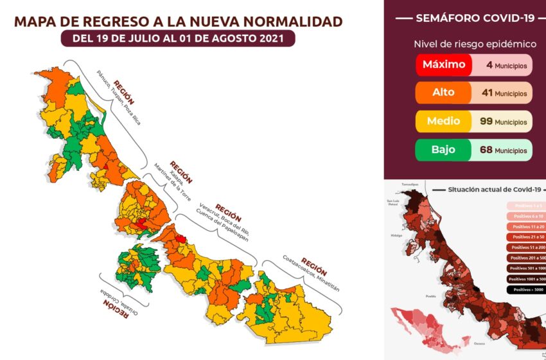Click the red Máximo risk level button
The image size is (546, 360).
click(x=444, y=65)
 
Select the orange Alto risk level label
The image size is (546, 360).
click(x=443, y=93)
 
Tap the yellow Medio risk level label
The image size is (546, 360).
click(x=443, y=121)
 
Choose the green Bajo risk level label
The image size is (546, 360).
click(x=443, y=150)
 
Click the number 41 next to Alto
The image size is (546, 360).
click(x=487, y=93)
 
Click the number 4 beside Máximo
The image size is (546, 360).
click(x=489, y=65)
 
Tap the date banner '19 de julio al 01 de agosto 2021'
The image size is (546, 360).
click(x=179, y=39)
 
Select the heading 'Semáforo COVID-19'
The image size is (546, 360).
click(x=466, y=18)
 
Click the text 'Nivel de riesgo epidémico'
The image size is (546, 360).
click(x=466, y=44)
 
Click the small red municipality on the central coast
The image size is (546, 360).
click(x=181, y=239)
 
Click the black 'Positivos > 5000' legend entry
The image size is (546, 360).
click(x=525, y=289)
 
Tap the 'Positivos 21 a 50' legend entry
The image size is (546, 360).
click(x=525, y=237)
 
